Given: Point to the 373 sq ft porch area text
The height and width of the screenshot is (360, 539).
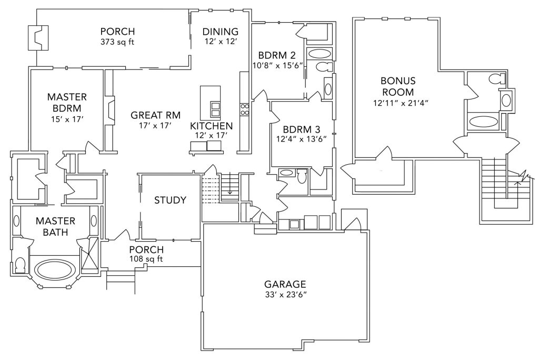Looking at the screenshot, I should tap(117, 42).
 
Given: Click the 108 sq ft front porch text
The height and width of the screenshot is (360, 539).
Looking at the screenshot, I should tap(146, 259).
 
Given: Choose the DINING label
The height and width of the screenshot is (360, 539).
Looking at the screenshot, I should tap(221, 32).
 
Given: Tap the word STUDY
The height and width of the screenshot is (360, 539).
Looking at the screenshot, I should tap(170, 200).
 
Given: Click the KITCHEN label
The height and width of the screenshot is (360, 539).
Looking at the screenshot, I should tap(211, 126).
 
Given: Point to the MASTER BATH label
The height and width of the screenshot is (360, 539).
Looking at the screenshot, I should tap(55, 226).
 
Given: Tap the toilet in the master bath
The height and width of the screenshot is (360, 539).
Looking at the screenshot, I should tap(21, 264).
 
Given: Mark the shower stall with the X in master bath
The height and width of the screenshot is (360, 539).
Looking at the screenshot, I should tap(89, 256).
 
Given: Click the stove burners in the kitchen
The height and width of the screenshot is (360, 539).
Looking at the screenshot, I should tap(245, 109).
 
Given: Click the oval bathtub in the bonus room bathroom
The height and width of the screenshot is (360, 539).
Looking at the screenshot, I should tap(482, 122).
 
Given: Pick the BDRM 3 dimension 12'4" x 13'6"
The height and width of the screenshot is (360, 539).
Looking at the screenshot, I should tap(297, 139).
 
